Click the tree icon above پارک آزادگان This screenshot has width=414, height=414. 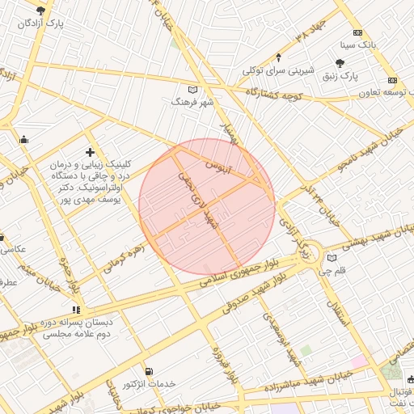point(41,11)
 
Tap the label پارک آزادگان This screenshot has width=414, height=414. point(41,23)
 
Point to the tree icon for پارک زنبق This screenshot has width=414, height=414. point(340,62)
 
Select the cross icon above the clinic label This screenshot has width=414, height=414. point(89,152)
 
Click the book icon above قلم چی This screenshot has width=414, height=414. point(332,259)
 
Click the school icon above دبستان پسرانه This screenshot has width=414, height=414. point(76,309)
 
